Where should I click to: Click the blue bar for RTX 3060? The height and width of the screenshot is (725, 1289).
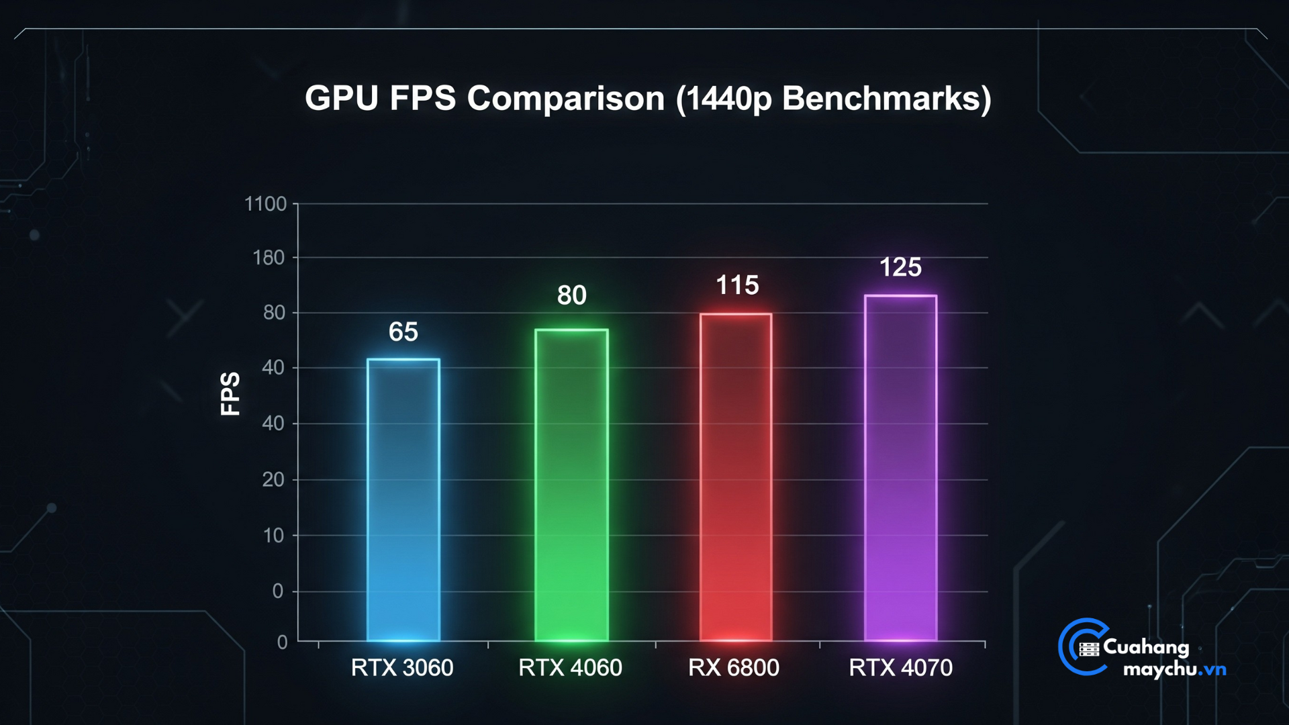[403, 499]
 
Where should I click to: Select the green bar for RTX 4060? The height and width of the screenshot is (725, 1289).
[571, 485]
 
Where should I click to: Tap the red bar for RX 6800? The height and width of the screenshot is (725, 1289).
[736, 477]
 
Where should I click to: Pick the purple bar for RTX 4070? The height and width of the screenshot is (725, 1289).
[900, 467]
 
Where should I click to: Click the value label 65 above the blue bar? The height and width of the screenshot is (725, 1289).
[403, 332]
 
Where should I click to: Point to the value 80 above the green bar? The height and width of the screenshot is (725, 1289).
[572, 295]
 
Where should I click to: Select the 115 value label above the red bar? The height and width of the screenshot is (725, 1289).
[737, 285]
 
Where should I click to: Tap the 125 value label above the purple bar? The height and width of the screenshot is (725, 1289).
[900, 267]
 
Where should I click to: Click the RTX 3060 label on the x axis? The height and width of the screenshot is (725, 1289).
[402, 667]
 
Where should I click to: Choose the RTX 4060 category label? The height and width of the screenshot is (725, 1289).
[570, 667]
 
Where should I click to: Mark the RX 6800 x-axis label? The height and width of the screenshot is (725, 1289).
[734, 667]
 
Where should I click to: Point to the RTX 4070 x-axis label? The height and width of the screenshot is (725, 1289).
[900, 667]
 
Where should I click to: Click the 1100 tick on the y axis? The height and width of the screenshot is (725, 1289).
[266, 203]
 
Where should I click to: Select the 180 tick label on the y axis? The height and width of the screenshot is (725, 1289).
[269, 258]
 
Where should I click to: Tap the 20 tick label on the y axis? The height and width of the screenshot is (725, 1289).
[273, 479]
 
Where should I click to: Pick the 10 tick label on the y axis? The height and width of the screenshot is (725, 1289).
[273, 535]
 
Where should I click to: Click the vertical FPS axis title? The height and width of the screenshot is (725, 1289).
[230, 394]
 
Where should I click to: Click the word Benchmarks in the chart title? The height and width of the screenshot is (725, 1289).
[886, 98]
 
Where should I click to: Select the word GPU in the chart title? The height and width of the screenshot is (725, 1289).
[342, 98]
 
